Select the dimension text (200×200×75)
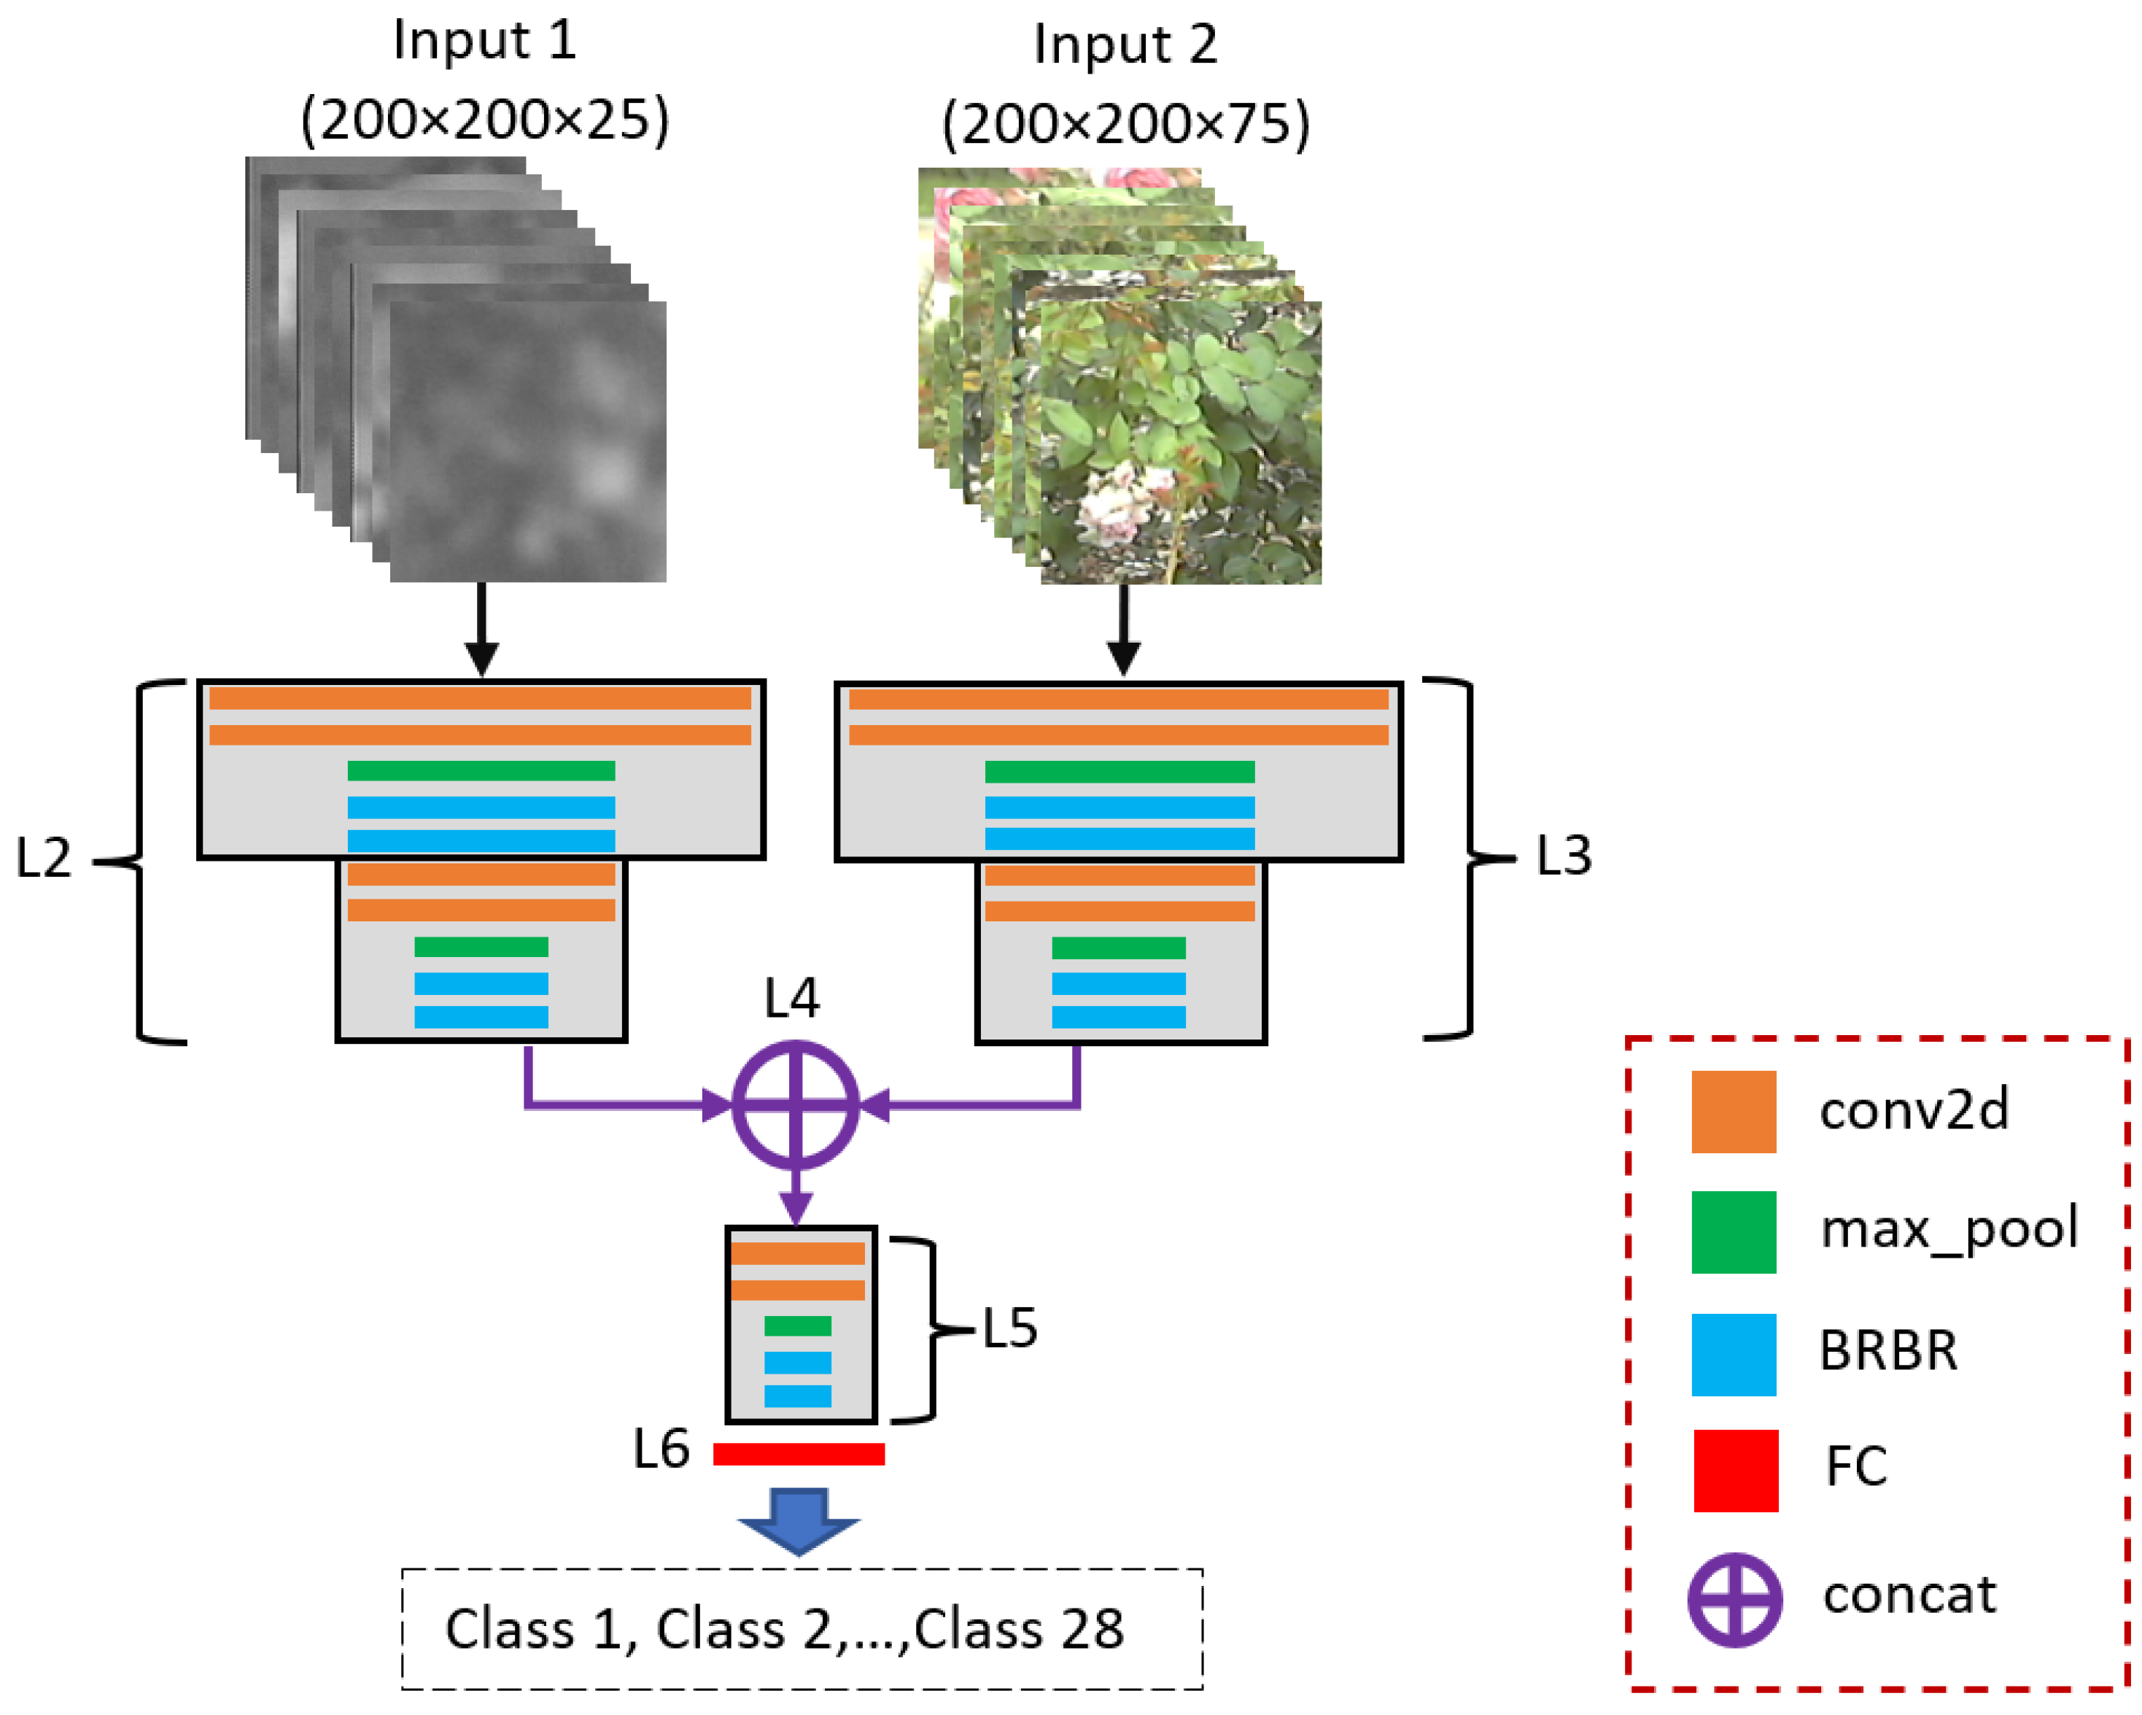point(1125,124)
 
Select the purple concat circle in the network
point(795,1105)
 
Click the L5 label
point(1009,1328)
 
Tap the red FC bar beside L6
point(798,1455)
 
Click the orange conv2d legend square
point(1733,1112)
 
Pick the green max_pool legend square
point(1733,1232)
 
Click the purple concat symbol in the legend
point(1734,1600)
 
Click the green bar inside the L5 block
point(797,1326)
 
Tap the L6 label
point(661,1449)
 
